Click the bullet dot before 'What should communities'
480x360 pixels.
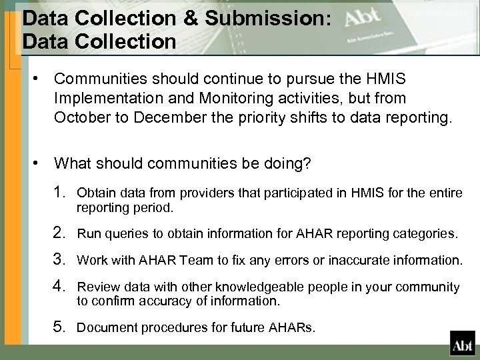click(41, 162)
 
